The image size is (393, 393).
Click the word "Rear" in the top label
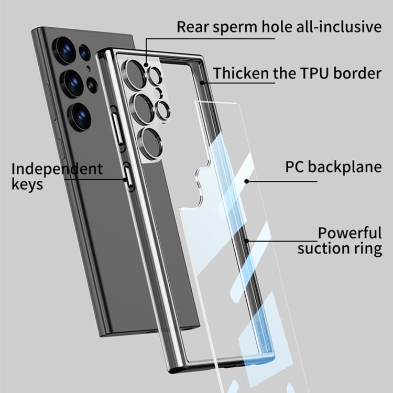[193, 26]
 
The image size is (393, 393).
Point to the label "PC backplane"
[333, 167]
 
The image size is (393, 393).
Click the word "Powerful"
[350, 233]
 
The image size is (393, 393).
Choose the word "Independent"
[57, 169]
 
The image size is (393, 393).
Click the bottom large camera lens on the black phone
[80, 116]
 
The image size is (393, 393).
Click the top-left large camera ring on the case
[133, 71]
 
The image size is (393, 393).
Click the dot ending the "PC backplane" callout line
[246, 181]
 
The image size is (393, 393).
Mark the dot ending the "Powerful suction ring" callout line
[246, 241]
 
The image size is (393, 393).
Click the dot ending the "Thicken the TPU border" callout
[203, 82]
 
